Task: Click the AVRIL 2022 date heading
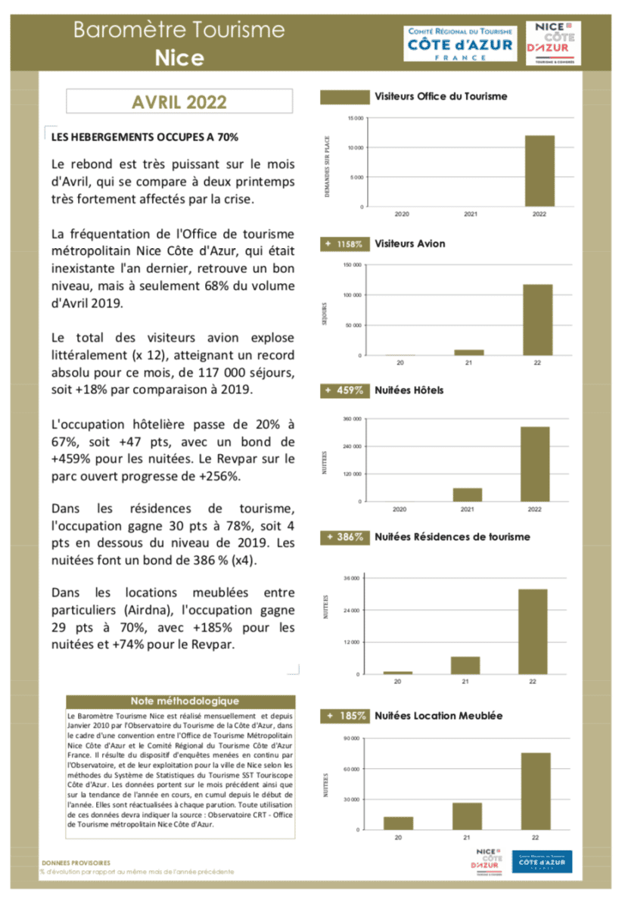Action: pos(179,101)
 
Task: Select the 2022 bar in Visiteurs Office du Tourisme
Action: pos(539,171)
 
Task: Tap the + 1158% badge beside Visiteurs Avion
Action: pos(345,244)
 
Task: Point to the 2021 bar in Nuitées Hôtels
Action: pos(468,494)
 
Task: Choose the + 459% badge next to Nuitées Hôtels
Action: pos(345,390)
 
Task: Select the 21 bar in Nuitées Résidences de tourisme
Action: pos(465,664)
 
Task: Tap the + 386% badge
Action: pos(345,537)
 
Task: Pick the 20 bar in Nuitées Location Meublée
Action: pos(398,822)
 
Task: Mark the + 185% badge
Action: pos(345,715)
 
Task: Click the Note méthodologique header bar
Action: pos(180,701)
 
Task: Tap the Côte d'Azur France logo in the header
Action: pos(460,44)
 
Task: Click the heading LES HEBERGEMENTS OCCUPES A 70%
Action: pos(145,138)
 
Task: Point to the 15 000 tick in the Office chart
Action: pos(354,118)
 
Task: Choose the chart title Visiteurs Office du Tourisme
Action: pos(441,97)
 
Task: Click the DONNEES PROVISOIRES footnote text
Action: pos(76,862)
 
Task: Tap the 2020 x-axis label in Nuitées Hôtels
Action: pos(399,509)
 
